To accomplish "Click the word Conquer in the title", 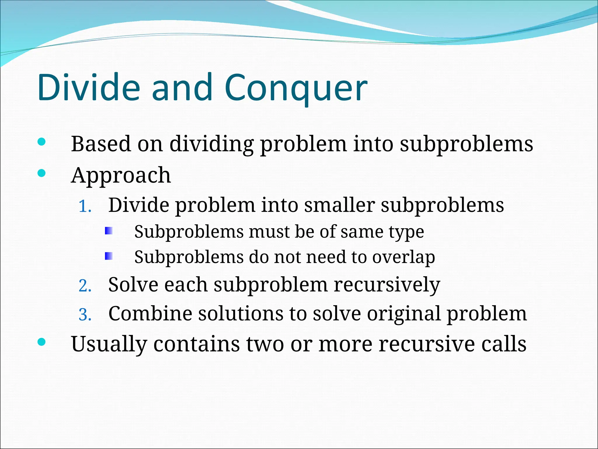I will (295, 88).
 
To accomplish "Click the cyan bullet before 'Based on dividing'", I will (42, 142).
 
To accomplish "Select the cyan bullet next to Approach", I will (42, 173).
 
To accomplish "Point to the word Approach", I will (121, 175).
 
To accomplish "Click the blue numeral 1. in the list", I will (85, 206).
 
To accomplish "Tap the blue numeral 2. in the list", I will (85, 286).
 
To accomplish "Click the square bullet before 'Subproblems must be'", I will (109, 231).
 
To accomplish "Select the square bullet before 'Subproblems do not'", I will (109, 256).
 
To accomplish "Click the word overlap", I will (404, 257).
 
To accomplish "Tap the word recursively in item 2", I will (387, 285).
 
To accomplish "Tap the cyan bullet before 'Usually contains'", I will (42, 342).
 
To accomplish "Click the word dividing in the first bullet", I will (211, 144).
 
